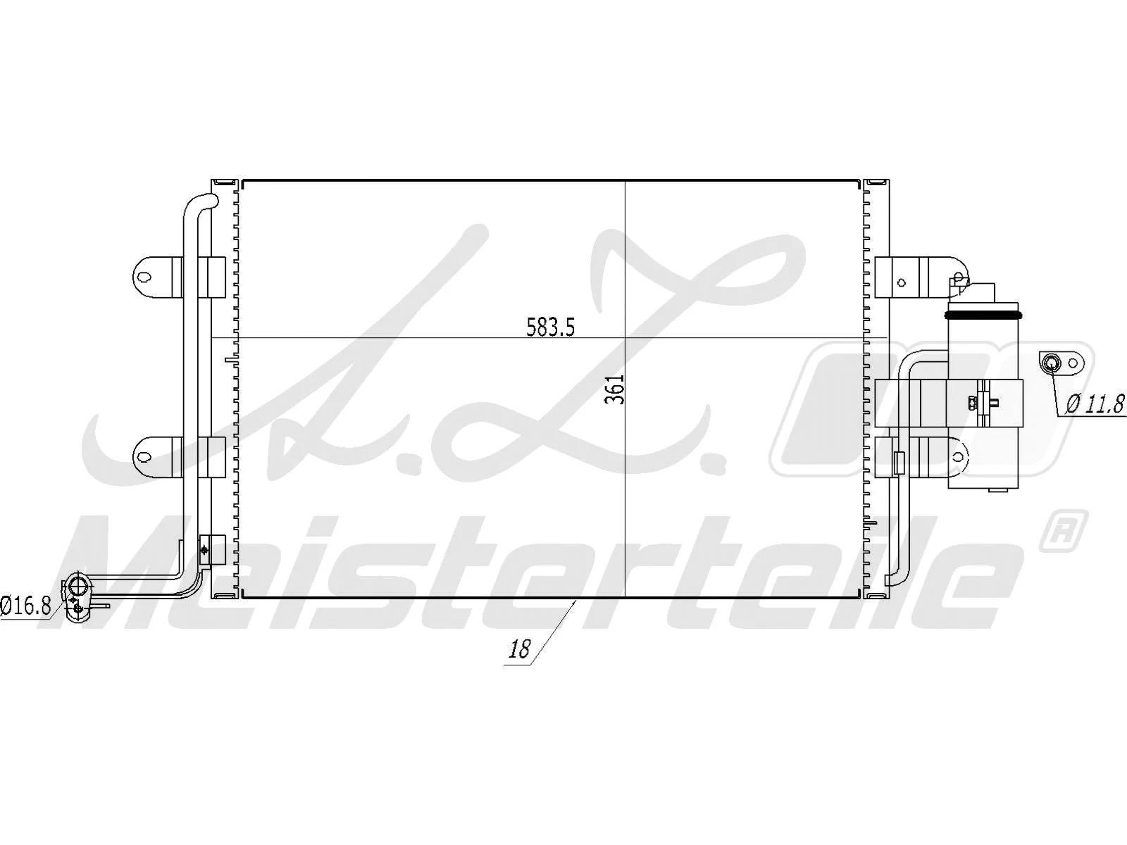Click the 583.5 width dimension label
pyautogui.click(x=551, y=327)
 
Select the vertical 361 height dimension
pyautogui.click(x=616, y=388)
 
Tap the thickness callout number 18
pyautogui.click(x=519, y=649)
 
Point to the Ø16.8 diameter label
pyautogui.click(x=26, y=605)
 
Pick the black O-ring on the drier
pyautogui.click(x=984, y=312)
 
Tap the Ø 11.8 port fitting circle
pyautogui.click(x=1051, y=363)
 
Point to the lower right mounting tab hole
pyautogui.click(x=958, y=456)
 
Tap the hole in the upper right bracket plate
pyautogui.click(x=902, y=282)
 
